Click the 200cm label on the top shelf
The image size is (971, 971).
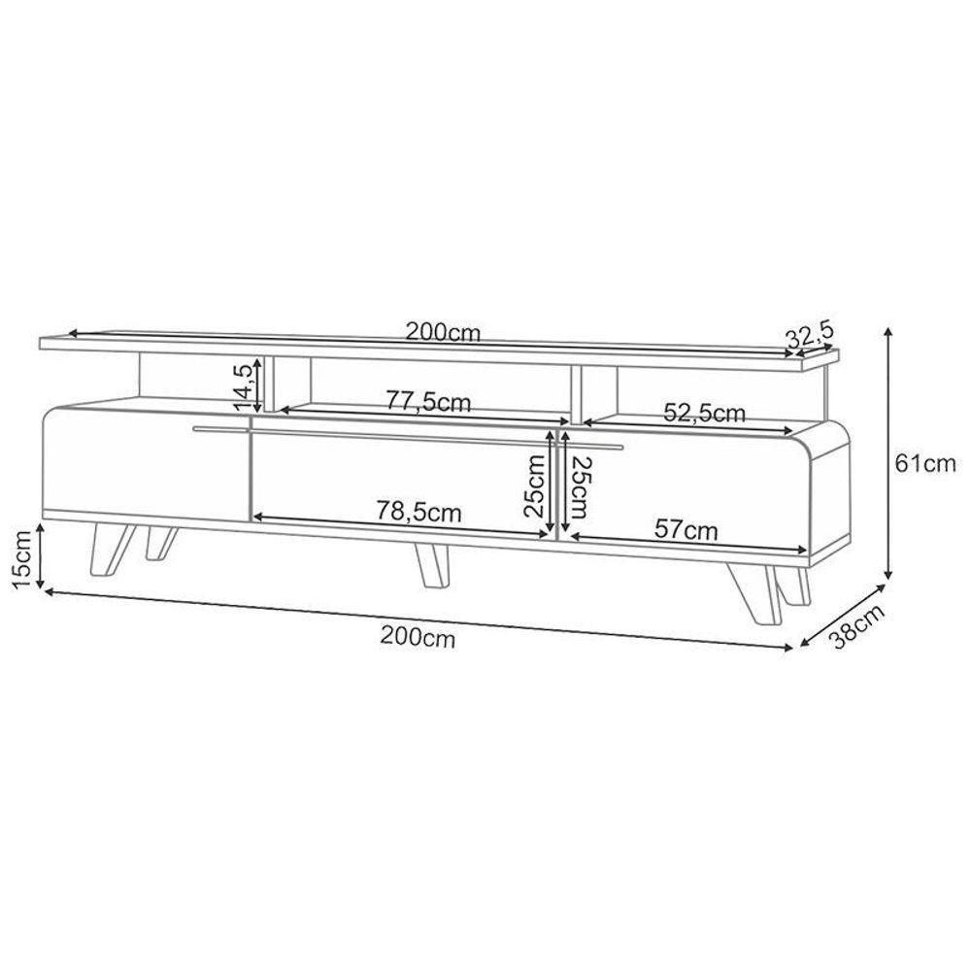pos(443,332)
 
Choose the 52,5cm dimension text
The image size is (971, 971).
pos(705,413)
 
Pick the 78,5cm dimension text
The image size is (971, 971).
pos(419,512)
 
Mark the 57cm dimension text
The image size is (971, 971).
pos(686,530)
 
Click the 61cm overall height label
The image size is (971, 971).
pos(926,464)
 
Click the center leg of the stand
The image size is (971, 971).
pos(431,564)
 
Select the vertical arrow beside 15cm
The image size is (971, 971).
pos(41,555)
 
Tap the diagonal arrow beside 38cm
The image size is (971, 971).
pos(843,616)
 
